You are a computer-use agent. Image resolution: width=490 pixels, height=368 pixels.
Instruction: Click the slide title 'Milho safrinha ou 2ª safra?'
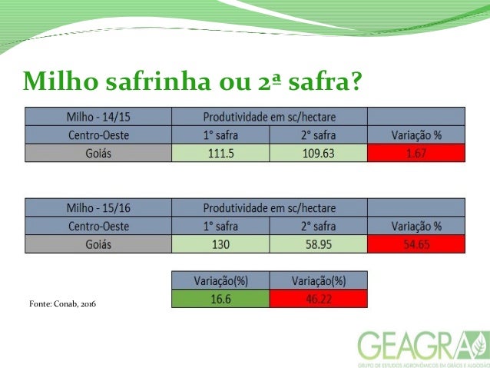[193, 79]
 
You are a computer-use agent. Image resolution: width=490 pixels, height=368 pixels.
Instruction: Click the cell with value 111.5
[221, 153]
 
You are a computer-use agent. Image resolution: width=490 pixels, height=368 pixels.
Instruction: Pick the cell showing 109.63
[319, 153]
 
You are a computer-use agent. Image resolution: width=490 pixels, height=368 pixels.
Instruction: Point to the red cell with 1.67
[416, 153]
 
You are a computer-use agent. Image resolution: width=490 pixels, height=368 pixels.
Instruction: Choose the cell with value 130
[221, 244]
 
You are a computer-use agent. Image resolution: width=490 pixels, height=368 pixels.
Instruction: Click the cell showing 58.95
[319, 244]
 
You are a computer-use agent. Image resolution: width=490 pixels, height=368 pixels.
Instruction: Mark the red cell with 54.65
[416, 244]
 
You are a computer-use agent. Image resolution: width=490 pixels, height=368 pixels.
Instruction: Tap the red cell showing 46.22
[319, 298]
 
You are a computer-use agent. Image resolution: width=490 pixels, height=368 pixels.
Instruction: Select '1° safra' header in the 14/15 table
[221, 134]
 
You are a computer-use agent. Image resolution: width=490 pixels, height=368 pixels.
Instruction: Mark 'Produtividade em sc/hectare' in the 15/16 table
[270, 207]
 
